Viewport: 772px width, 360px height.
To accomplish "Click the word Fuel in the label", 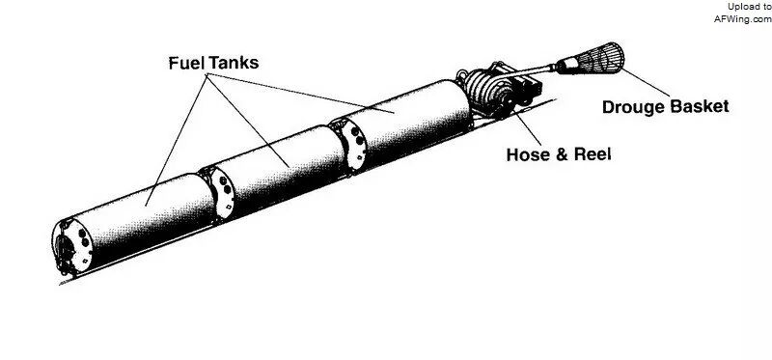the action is [186, 63].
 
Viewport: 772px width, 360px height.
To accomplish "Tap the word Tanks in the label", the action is [234, 63].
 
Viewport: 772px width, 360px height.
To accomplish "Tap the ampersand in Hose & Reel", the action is [561, 154].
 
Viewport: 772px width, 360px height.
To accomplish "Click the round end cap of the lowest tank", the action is [72, 246].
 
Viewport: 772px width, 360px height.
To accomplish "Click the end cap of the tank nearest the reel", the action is [351, 146].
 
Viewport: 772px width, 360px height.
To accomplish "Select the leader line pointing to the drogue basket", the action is [646, 82].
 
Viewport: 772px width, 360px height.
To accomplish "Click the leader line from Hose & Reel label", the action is [527, 128].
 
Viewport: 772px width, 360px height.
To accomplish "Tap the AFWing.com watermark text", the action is [743, 19].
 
